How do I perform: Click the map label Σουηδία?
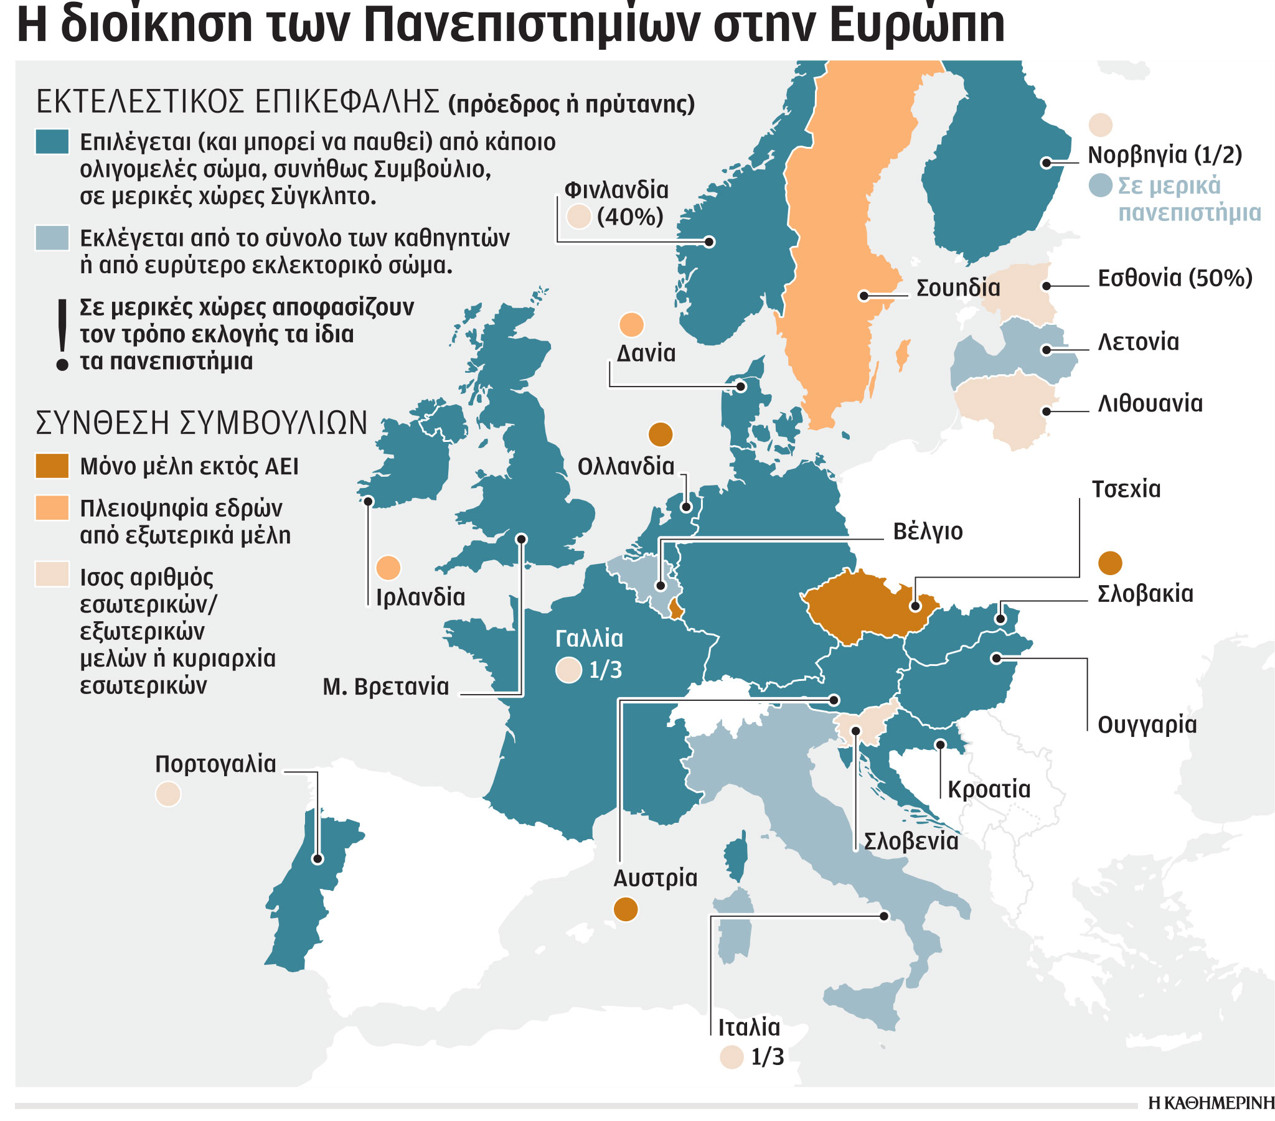pyautogui.click(x=957, y=288)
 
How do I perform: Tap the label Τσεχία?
pyautogui.click(x=1126, y=489)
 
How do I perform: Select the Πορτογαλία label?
pyautogui.click(x=215, y=764)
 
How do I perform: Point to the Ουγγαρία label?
pyautogui.click(x=1147, y=725)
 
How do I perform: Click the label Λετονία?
pyautogui.click(x=1138, y=342)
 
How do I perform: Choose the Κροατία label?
pyautogui.click(x=989, y=789)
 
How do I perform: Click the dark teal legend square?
pyautogui.click(x=52, y=143)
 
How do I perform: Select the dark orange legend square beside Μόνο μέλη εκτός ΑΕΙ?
pyautogui.click(x=52, y=466)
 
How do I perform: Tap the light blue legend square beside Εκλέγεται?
pyautogui.click(x=52, y=238)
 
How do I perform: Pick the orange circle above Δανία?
pyautogui.click(x=631, y=325)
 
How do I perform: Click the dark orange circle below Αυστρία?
pyautogui.click(x=626, y=909)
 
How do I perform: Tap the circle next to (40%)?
pyautogui.click(x=578, y=217)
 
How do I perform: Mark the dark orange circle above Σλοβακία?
pyautogui.click(x=1109, y=563)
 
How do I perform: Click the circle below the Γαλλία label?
pyautogui.click(x=568, y=670)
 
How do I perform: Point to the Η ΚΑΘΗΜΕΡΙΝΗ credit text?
pyautogui.click(x=1210, y=1104)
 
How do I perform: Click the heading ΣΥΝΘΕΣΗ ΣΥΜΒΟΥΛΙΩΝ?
pyautogui.click(x=202, y=423)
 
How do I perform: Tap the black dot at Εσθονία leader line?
pyautogui.click(x=1046, y=286)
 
